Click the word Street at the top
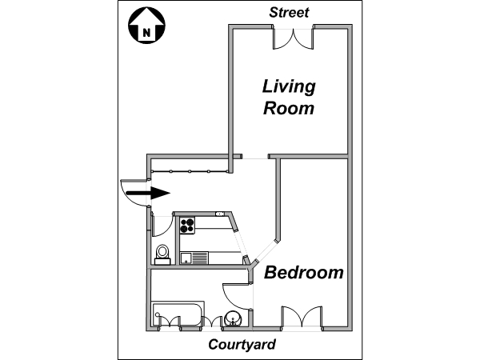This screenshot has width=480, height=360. [x=289, y=13]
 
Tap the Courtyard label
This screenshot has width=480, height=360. [x=242, y=345]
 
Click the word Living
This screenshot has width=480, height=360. [x=289, y=87]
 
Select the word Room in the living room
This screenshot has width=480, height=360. [x=289, y=108]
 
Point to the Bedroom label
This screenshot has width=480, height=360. [x=304, y=273]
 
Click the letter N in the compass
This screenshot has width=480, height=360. [x=146, y=33]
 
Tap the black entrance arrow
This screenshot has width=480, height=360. [x=148, y=193]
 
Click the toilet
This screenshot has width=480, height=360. [x=162, y=255]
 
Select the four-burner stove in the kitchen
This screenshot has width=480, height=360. [x=187, y=226]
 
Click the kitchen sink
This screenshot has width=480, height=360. [x=194, y=258]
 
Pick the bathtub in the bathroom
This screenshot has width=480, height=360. [x=178, y=314]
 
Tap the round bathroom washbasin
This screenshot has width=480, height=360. [x=234, y=318]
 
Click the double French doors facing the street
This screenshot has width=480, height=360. [x=294, y=38]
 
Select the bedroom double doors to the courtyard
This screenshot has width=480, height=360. [x=302, y=317]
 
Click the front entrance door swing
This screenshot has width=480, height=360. [x=134, y=193]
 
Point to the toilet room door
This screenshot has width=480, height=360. [x=163, y=226]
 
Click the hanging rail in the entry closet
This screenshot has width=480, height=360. [x=190, y=171]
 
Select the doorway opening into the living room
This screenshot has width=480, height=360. [x=255, y=157]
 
